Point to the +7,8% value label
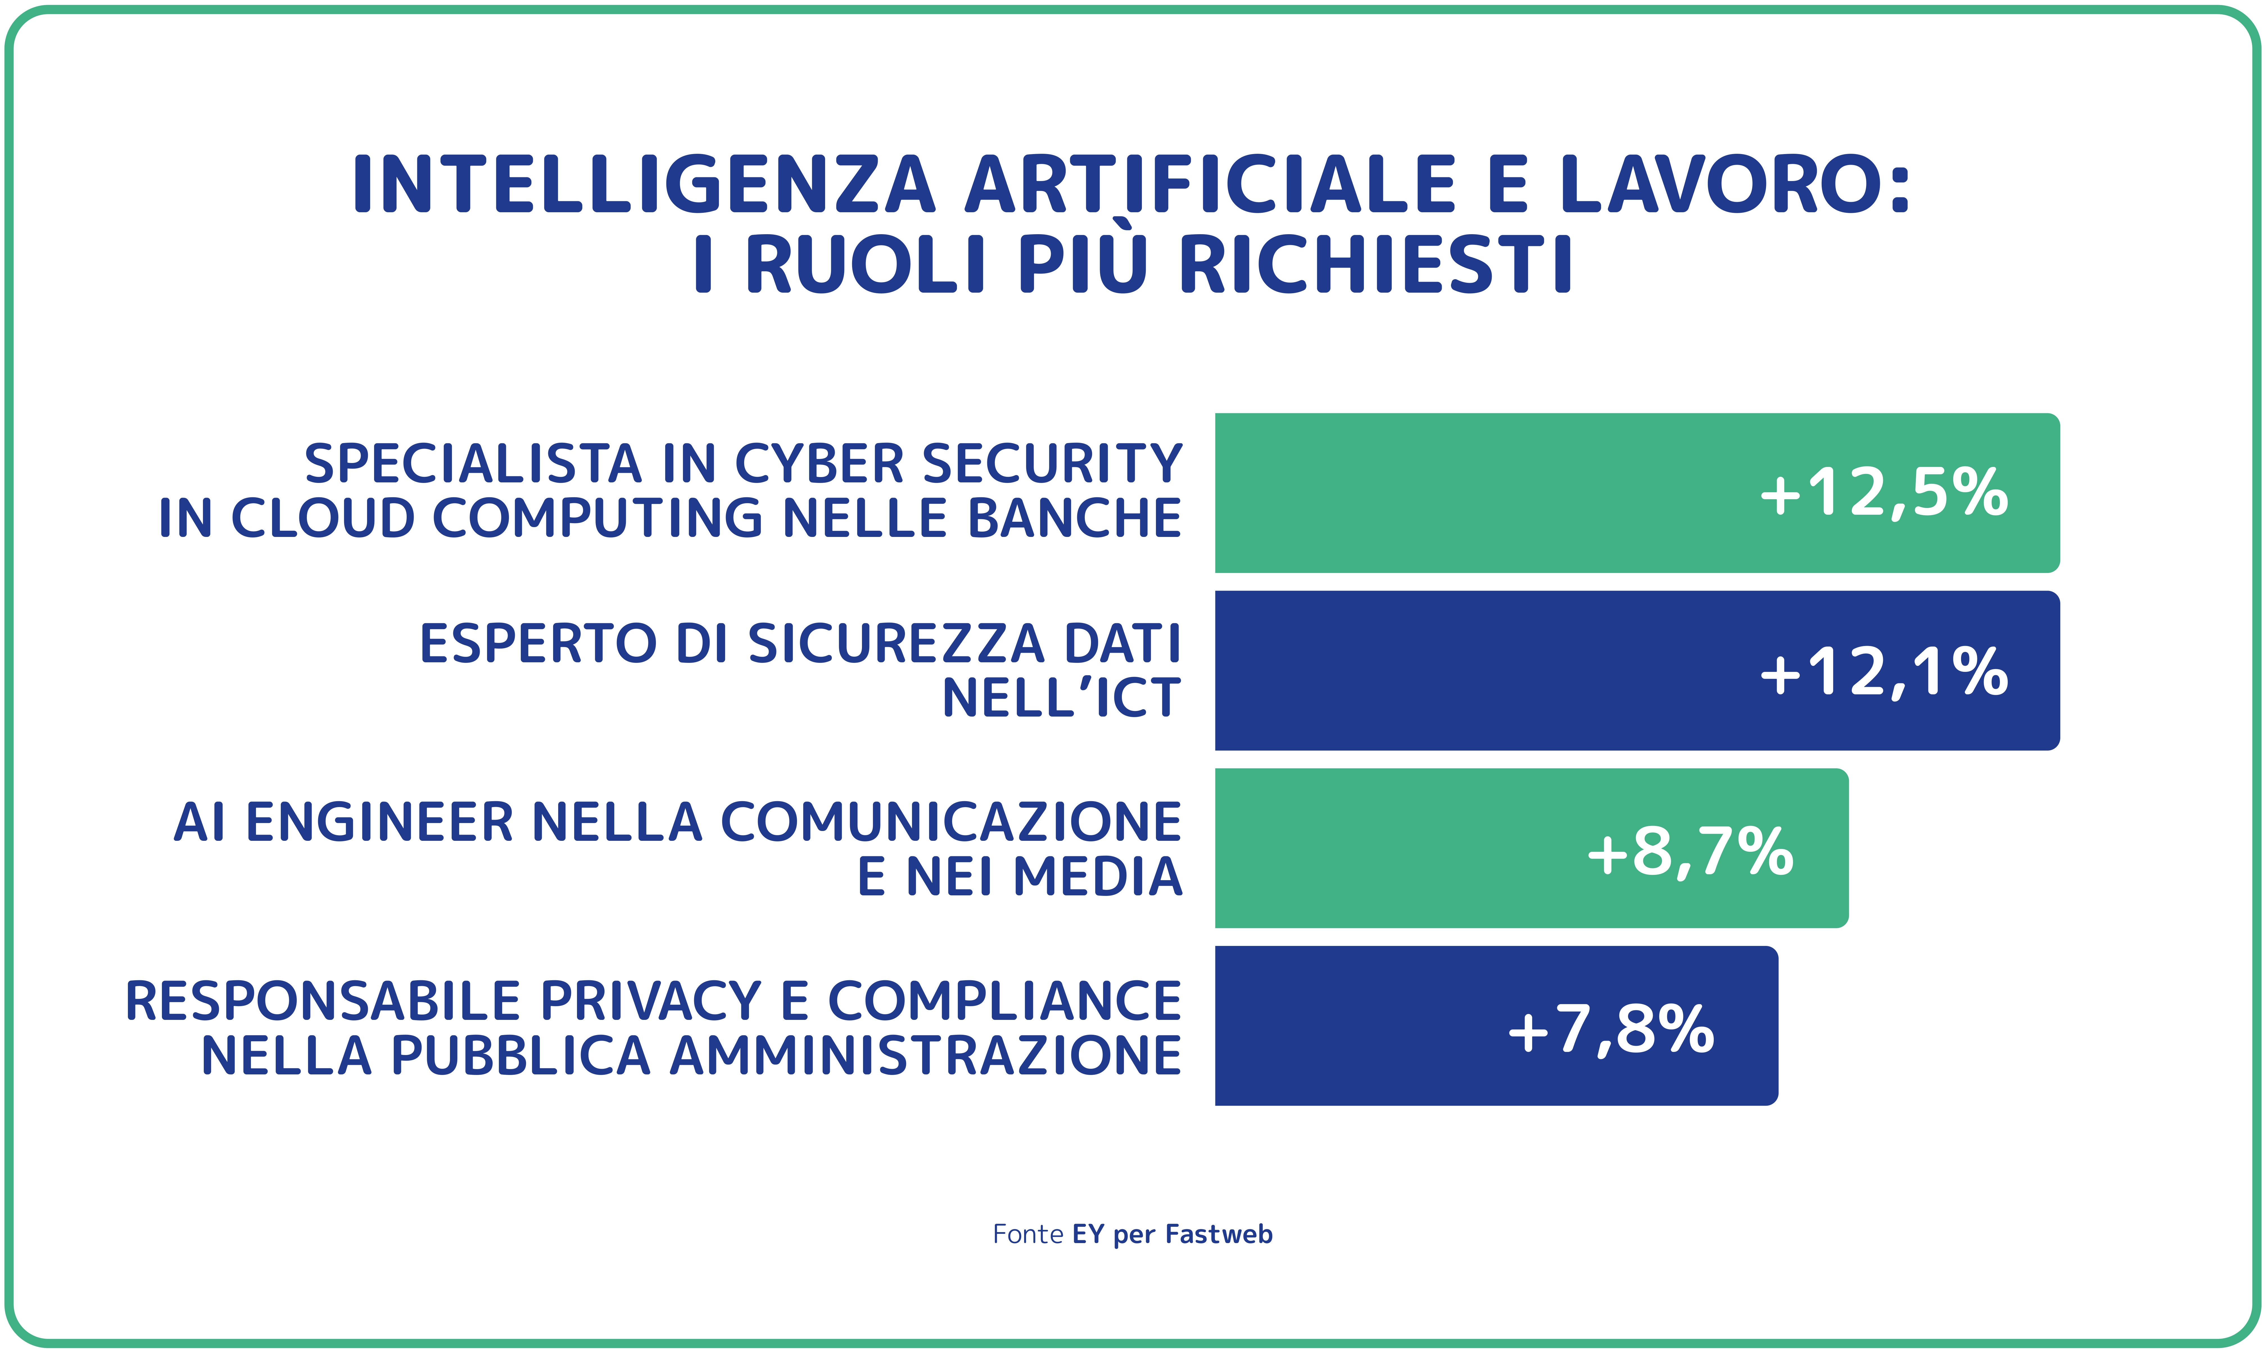click(1611, 1029)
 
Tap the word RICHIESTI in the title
click(1376, 265)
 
